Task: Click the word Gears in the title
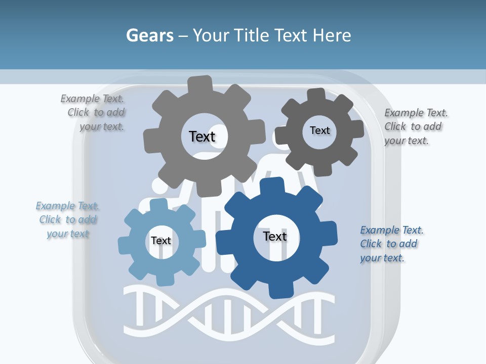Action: (149, 35)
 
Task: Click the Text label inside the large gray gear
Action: (202, 136)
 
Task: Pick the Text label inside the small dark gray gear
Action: (319, 130)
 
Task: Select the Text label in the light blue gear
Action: (160, 241)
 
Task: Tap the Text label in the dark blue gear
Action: (274, 236)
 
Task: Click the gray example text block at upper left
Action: (94, 113)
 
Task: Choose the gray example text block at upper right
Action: (416, 126)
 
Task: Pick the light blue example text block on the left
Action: (68, 219)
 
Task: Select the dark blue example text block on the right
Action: (391, 244)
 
